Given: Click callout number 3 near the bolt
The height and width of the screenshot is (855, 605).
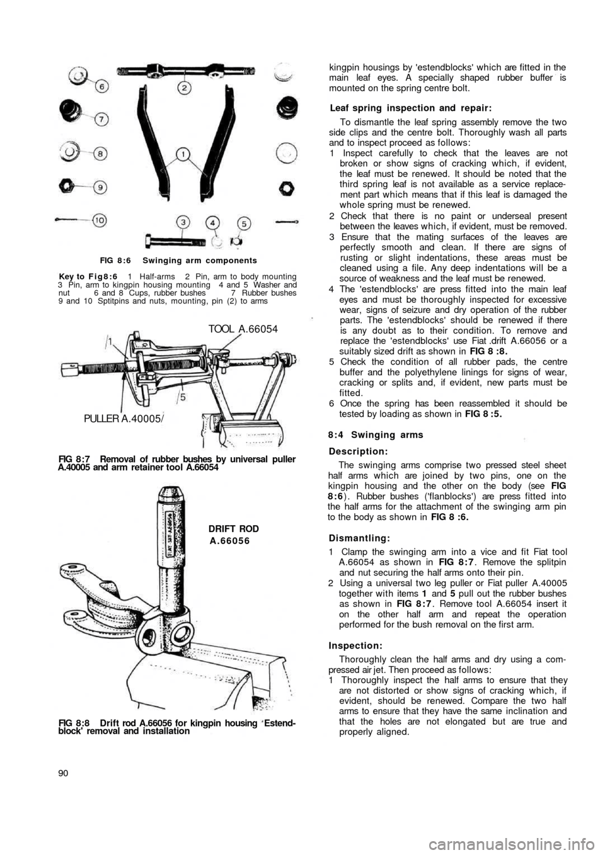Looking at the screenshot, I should point(183,222).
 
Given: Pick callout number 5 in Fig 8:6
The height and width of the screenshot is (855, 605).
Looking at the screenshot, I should point(245,222).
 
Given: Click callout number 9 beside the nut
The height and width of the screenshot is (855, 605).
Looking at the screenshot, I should point(99,186).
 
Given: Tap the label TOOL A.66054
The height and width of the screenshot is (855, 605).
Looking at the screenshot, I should point(242,328).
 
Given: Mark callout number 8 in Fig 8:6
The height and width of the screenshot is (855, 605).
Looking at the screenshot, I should point(100,152).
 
